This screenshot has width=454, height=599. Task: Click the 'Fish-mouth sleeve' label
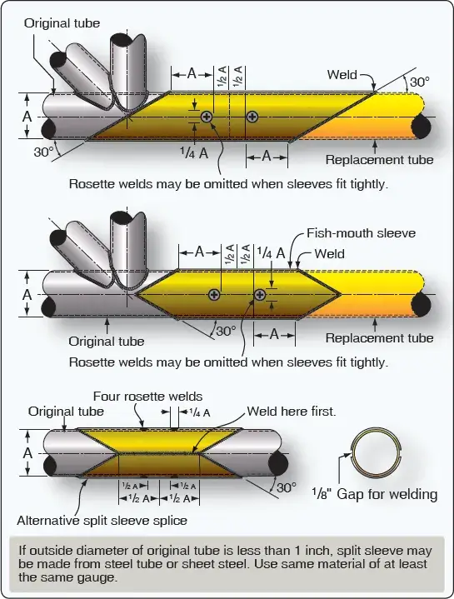coord(362,233)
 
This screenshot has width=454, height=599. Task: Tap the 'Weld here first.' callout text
coord(292,412)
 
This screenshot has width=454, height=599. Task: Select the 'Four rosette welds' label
coord(147,397)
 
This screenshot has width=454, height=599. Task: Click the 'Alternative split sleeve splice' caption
coord(102,521)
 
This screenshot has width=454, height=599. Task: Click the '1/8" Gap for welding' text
coord(375,494)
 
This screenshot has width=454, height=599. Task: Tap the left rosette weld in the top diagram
coord(207,117)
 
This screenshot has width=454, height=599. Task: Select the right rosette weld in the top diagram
coord(252,117)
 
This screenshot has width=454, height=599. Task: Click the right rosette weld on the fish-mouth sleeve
coord(260,295)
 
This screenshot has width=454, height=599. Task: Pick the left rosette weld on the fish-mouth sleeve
coord(214,295)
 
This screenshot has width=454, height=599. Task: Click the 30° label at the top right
coord(420,82)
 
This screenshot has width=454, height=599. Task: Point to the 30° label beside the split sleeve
coord(287,488)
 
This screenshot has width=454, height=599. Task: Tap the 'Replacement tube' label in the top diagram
coord(380,160)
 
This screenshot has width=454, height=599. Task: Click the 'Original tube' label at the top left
coord(62,23)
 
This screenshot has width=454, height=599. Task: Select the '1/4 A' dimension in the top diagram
coord(194,152)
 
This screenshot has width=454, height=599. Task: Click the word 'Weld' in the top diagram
coord(342,74)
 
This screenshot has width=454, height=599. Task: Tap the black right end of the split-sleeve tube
coord(278,464)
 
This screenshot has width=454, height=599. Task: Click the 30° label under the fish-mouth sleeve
coord(226,331)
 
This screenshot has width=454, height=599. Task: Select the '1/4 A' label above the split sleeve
coord(200,412)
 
